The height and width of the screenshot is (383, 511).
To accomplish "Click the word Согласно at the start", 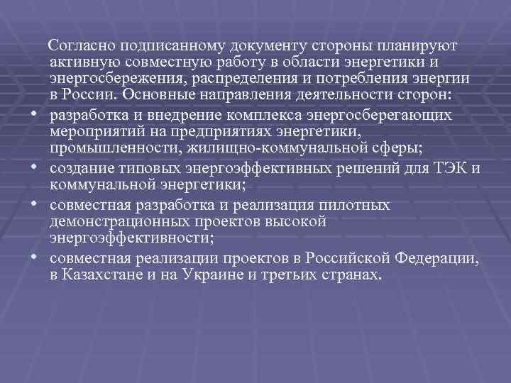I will click(77, 46).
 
